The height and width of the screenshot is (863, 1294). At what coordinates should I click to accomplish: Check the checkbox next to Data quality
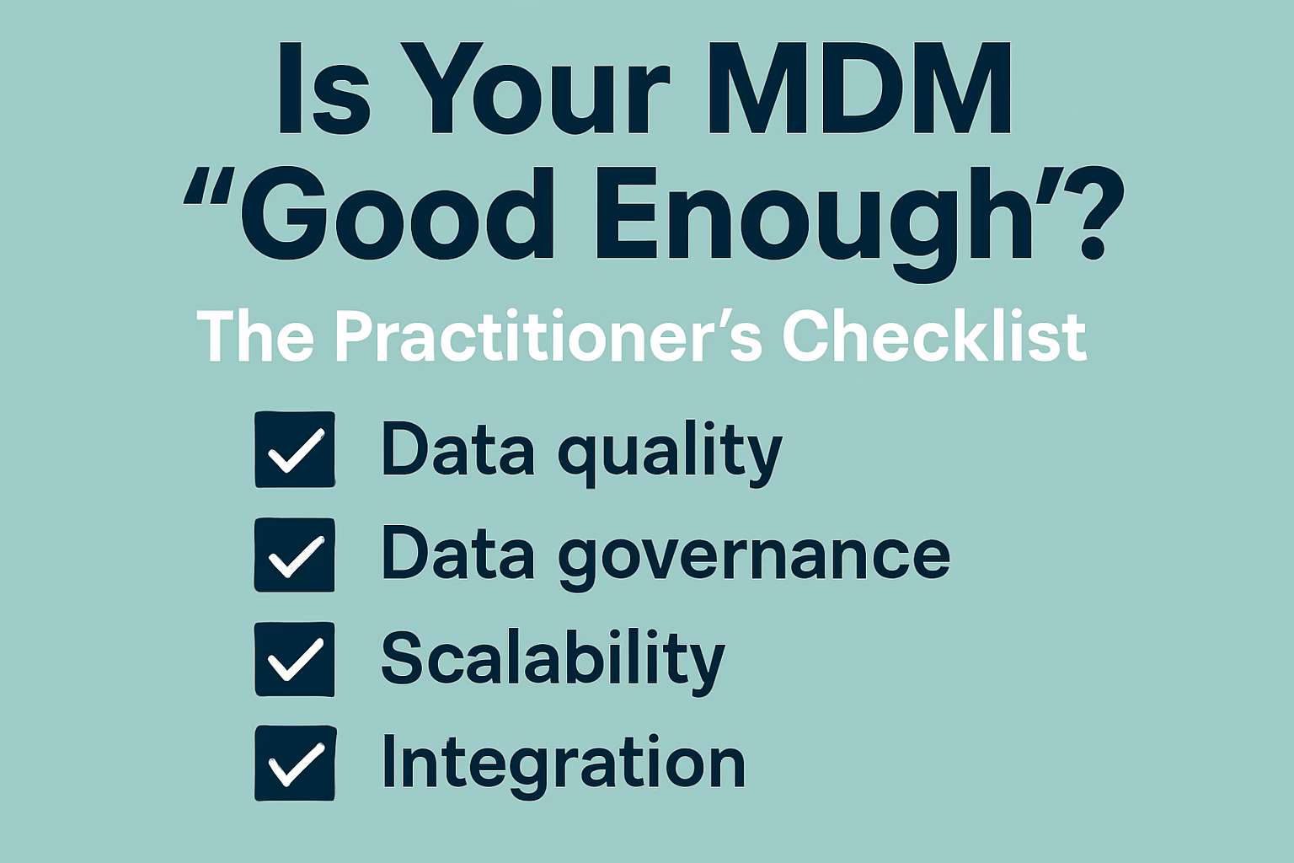point(295,449)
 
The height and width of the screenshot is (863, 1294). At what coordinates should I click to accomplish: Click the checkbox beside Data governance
point(295,555)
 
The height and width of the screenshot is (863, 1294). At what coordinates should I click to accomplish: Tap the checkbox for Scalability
point(295,659)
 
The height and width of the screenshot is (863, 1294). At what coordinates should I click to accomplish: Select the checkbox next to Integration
point(295,763)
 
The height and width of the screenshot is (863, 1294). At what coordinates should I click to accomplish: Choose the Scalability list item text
point(553,659)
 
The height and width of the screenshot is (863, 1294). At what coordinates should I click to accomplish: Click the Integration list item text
point(563,763)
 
